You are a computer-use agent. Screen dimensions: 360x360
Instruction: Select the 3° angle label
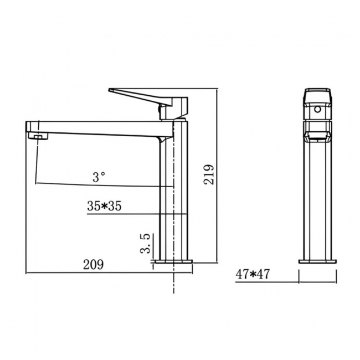pyautogui.click(x=99, y=177)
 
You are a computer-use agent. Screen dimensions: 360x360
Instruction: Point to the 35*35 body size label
pyautogui.click(x=104, y=206)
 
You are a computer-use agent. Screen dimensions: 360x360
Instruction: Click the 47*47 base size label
pyautogui.click(x=253, y=274)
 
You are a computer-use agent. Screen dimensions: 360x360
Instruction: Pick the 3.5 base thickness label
pyautogui.click(x=146, y=243)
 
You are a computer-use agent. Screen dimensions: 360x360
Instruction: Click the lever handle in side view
pyautogui.click(x=138, y=94)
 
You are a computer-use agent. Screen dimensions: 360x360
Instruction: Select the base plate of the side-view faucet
pyautogui.click(x=173, y=261)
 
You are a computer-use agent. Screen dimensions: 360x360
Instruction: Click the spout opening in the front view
pyautogui.click(x=318, y=133)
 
